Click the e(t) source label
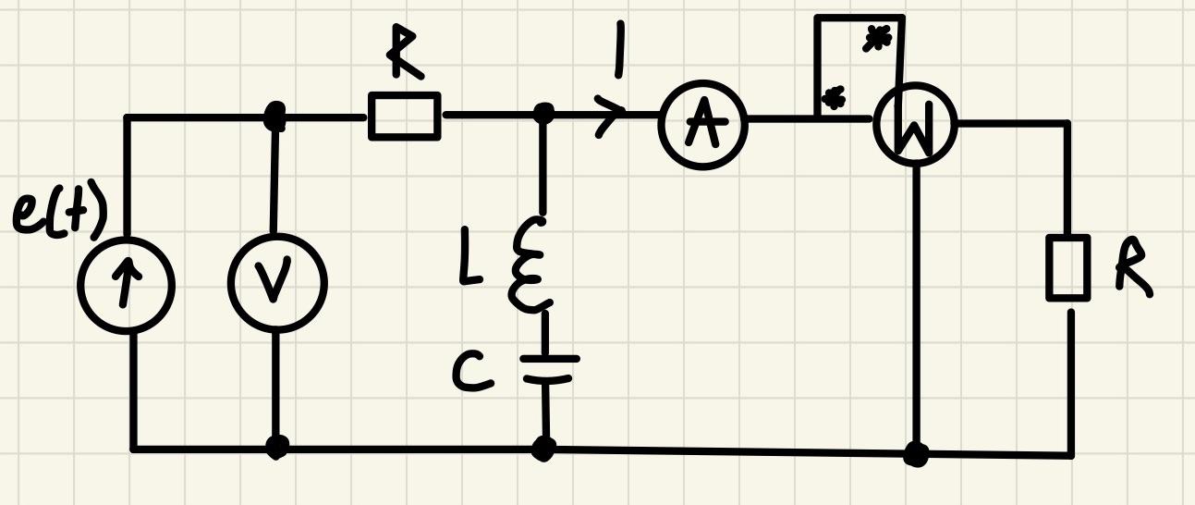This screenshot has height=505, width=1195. (58, 215)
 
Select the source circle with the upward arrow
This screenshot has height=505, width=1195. (127, 285)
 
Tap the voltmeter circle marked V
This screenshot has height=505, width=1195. (276, 285)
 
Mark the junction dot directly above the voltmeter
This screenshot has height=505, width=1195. (275, 117)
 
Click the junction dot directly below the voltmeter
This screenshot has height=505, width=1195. (276, 448)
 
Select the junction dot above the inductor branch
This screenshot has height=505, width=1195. (544, 115)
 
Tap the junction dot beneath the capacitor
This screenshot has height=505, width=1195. (544, 449)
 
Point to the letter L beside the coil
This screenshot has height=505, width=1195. (472, 265)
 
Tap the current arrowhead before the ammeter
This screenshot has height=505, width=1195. (610, 115)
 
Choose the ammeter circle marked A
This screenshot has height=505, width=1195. (702, 126)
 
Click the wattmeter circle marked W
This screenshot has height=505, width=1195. (916, 126)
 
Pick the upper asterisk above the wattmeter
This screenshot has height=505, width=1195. (873, 38)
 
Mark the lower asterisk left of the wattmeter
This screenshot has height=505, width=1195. (835, 96)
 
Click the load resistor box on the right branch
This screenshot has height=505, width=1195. (1067, 267)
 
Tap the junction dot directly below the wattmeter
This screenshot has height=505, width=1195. (916, 454)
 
